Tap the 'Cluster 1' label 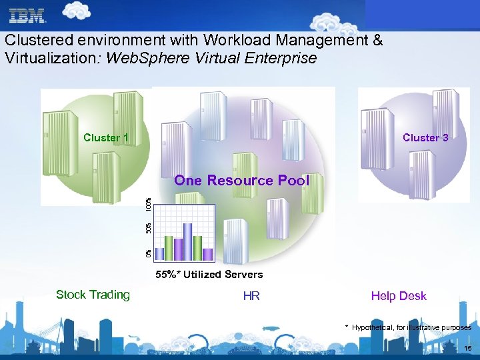click(106, 138)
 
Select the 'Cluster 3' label click(425, 138)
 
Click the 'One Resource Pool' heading click(241, 181)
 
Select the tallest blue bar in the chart click(188, 241)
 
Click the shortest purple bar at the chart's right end click(207, 254)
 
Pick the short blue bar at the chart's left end click(159, 254)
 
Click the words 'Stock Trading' click(93, 295)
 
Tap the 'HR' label click(251, 296)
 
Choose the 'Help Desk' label click(399, 296)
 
